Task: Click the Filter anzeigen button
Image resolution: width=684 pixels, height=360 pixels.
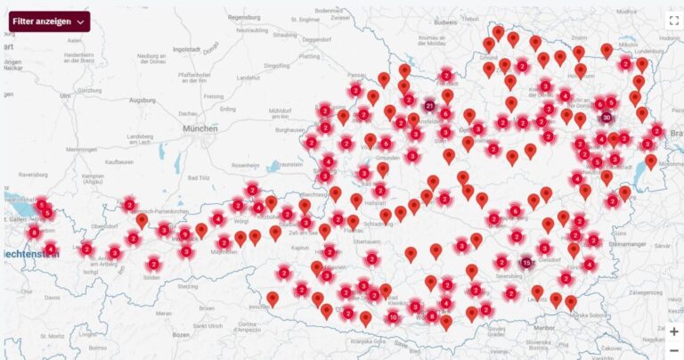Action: (x=49, y=21)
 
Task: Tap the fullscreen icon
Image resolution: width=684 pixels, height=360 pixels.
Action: (x=673, y=20)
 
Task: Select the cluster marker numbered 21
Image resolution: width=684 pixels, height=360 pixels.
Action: (x=430, y=106)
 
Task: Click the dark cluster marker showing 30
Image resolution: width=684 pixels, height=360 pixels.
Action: (x=607, y=117)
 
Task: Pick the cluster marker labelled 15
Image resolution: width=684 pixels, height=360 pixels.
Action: (x=526, y=263)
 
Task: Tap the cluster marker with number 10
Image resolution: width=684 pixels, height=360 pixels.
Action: (x=393, y=317)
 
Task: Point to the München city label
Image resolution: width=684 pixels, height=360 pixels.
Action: (x=199, y=128)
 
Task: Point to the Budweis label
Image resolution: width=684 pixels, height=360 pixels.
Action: (x=444, y=21)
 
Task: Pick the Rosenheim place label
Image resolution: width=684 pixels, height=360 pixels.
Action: (x=245, y=165)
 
